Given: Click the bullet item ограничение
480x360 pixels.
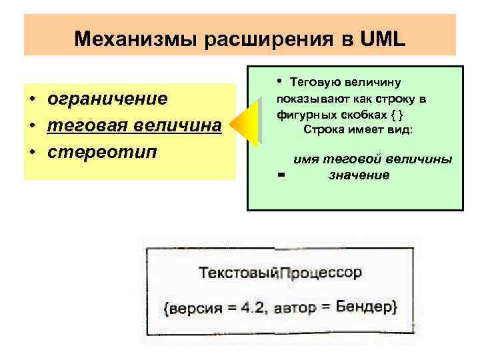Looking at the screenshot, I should [x=107, y=99].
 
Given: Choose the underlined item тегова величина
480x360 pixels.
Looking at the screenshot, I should [x=134, y=125].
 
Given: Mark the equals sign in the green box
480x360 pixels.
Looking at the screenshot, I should [x=281, y=175].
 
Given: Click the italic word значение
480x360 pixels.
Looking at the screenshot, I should [x=359, y=175].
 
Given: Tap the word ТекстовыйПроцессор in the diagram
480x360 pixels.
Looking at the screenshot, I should [x=280, y=273].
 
